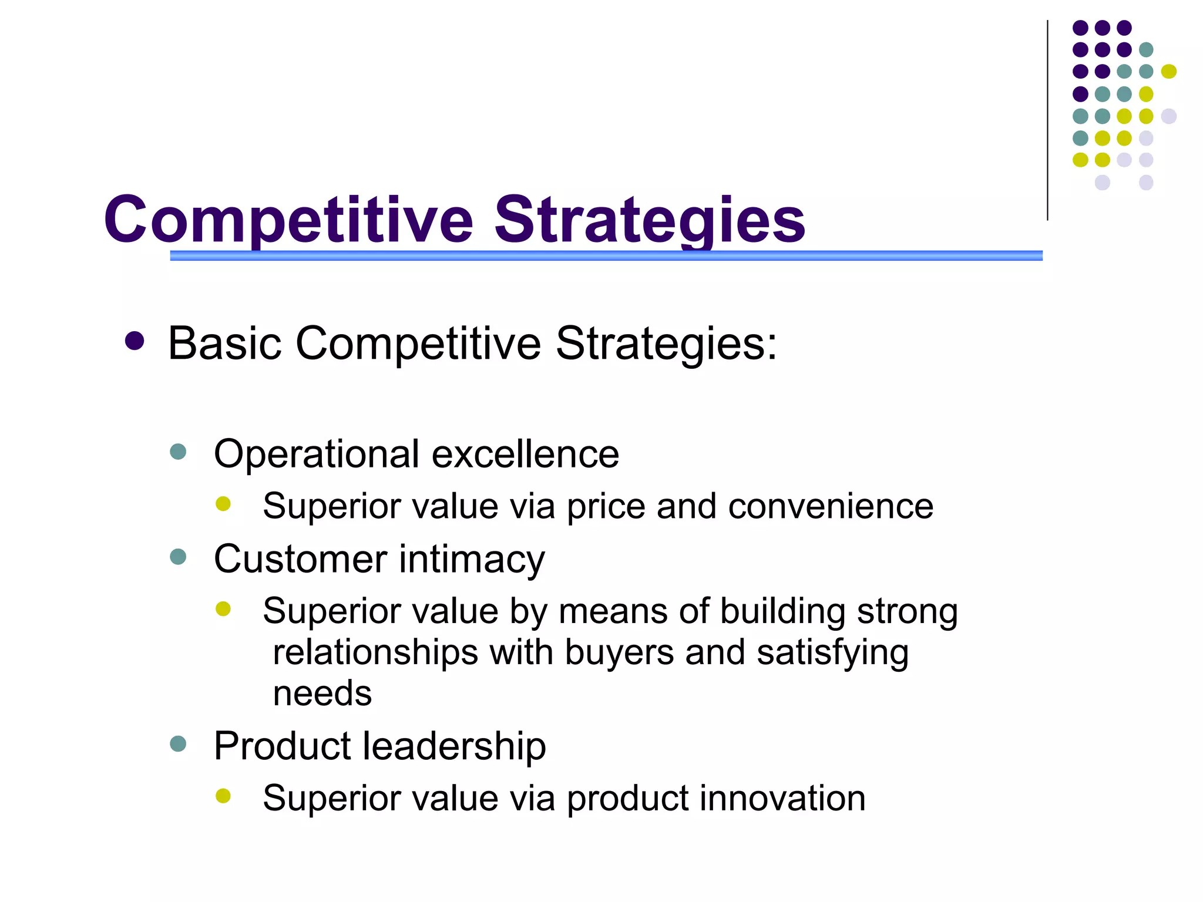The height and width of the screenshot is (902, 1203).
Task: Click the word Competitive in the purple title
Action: click(288, 220)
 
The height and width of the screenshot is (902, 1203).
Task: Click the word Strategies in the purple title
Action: click(649, 220)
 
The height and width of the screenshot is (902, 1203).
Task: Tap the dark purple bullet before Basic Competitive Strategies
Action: click(135, 341)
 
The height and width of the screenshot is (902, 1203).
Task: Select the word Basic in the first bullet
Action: click(224, 343)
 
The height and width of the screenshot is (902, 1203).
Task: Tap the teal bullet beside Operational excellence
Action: click(177, 452)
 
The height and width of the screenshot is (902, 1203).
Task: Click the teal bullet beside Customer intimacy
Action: click(177, 556)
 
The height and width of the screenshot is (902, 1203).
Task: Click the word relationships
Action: click(375, 652)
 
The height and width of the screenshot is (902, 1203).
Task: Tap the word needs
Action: click(322, 694)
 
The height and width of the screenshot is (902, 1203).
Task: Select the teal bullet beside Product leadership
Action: click(177, 744)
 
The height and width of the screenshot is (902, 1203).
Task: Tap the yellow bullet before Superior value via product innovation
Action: click(223, 796)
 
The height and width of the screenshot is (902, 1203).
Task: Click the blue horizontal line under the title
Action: click(605, 255)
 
